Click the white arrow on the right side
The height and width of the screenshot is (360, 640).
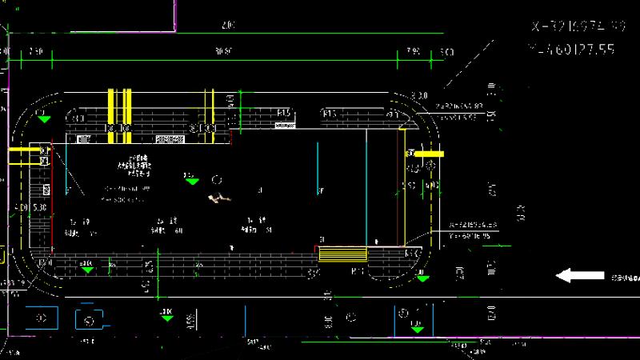coord(580,276)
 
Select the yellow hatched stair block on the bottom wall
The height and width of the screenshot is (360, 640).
coord(342,254)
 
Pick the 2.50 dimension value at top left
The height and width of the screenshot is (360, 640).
coord(35,52)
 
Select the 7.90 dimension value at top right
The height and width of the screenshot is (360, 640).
coord(413,52)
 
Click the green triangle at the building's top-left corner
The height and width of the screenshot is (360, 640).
coord(44,119)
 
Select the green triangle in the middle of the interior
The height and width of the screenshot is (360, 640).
coord(191,181)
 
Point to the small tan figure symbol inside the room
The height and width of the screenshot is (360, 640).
coord(216,197)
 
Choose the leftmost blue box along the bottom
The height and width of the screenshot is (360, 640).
coord(41,318)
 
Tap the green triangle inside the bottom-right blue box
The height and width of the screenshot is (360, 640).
coord(416,326)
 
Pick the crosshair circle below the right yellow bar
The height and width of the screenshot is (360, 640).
coord(432,166)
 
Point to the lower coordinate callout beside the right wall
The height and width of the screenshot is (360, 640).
coord(474,230)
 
